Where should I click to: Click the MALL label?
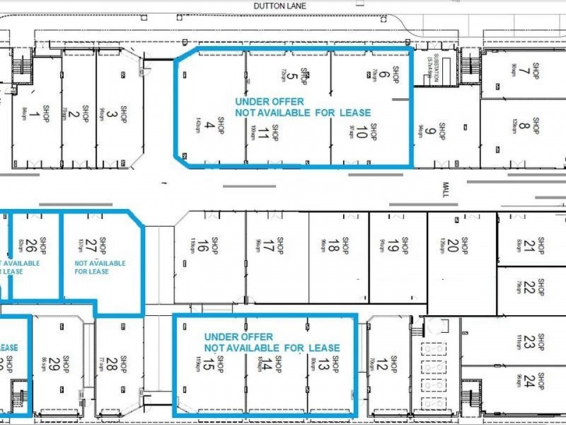point(446,189)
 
